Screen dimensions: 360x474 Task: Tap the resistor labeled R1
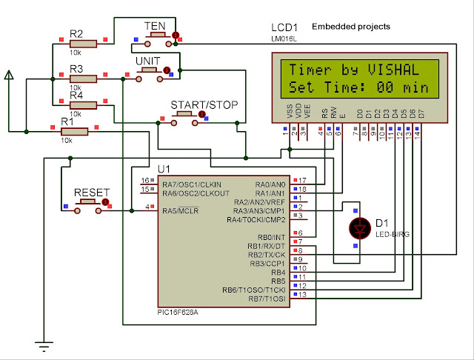click(x=74, y=131)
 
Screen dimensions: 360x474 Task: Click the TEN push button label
click(x=155, y=27)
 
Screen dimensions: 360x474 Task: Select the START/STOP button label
click(x=204, y=104)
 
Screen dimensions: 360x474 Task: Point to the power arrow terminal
click(x=9, y=74)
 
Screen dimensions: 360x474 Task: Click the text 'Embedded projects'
click(x=351, y=27)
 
